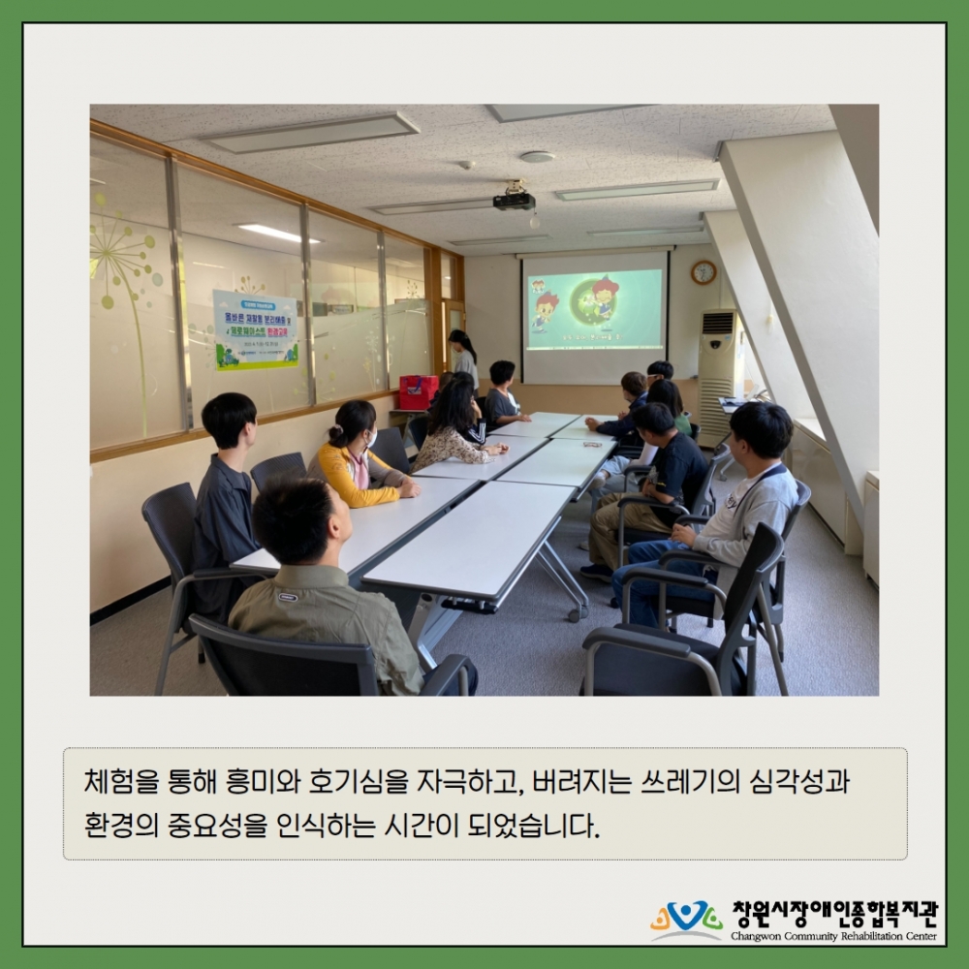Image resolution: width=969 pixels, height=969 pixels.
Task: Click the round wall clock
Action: tap(703, 272)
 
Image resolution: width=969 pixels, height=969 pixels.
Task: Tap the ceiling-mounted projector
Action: tap(514, 200)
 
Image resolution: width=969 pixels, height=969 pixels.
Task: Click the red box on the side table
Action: tap(419, 391)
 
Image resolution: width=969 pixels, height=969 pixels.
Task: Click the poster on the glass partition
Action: tap(256, 329)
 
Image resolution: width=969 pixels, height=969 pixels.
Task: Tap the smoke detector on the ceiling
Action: tap(537, 156)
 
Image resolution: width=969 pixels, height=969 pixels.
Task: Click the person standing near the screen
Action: tap(464, 358)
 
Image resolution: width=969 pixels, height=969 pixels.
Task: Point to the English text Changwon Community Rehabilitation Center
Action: tap(833, 937)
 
